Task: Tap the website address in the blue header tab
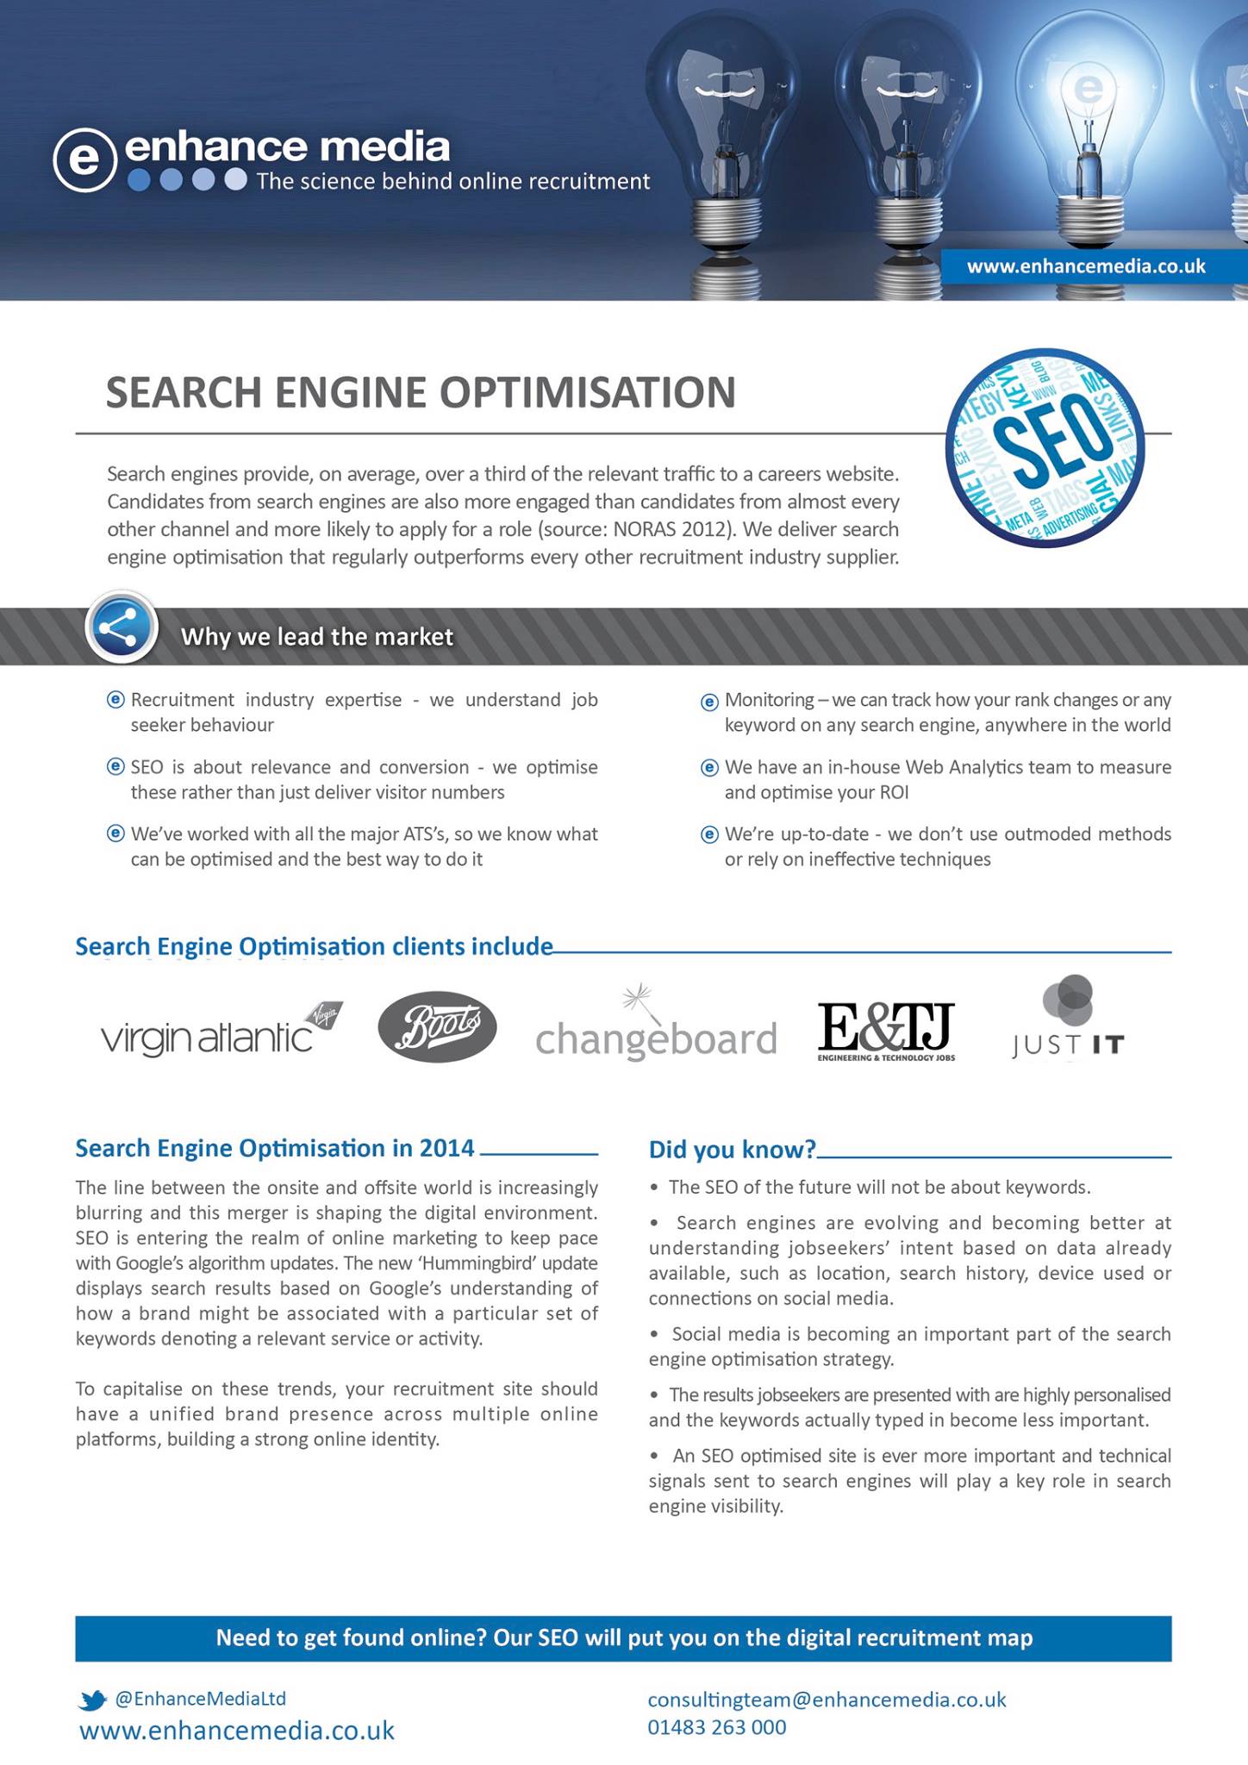1086,266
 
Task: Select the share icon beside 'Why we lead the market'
122,627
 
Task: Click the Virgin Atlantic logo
222,1029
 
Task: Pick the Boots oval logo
437,1027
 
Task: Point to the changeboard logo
655,1029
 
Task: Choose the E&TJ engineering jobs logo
886,1030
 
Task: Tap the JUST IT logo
1069,1021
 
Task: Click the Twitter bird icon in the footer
92,1700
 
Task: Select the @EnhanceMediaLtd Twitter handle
200,1699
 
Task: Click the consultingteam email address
827,1700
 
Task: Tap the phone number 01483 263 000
717,1727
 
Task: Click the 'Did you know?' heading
732,1149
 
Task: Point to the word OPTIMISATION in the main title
588,392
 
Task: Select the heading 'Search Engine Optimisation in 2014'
275,1148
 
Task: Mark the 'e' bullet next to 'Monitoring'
709,702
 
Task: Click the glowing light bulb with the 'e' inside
1088,129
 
